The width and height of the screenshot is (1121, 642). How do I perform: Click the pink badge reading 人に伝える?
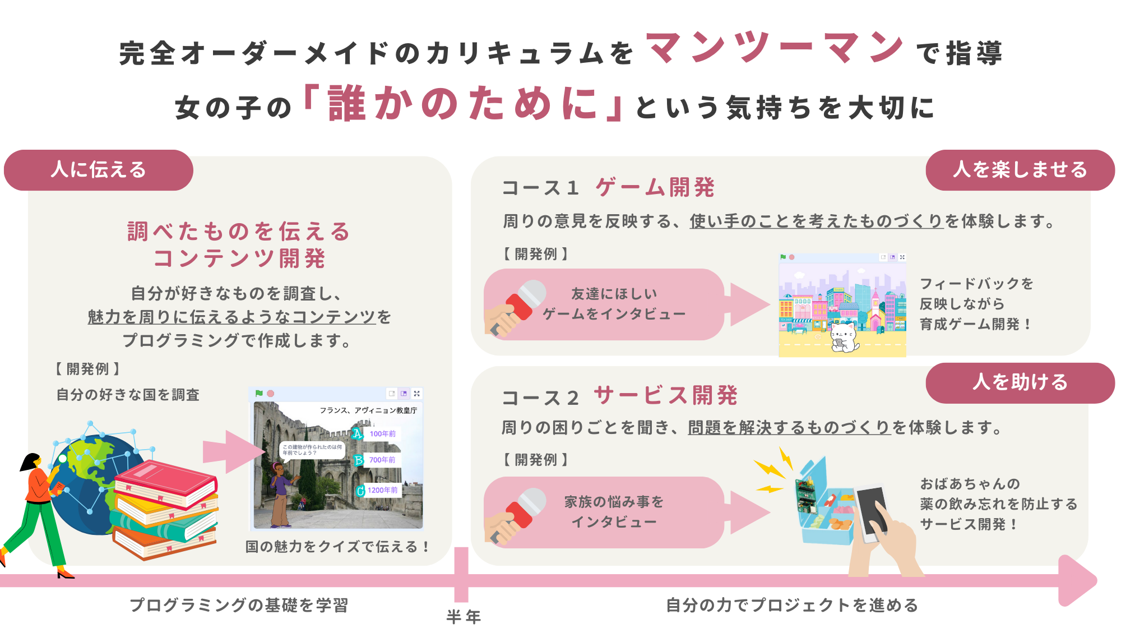click(x=99, y=170)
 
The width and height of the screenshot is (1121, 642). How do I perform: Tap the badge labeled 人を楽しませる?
click(x=1020, y=170)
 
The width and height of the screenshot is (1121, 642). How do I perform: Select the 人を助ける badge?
click(x=1020, y=383)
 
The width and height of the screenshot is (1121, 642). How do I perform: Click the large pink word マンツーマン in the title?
click(x=775, y=48)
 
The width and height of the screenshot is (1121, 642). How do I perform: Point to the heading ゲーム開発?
click(x=655, y=187)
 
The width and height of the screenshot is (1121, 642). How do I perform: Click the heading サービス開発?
click(x=666, y=395)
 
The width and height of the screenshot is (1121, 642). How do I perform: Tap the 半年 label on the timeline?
click(x=464, y=617)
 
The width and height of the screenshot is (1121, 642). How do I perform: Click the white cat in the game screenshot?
click(x=844, y=337)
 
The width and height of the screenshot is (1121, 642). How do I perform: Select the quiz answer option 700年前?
click(x=382, y=460)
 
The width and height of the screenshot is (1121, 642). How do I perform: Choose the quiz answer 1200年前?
click(x=383, y=490)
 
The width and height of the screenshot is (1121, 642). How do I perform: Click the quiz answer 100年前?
click(x=382, y=433)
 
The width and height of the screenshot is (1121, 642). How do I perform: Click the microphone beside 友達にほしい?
click(x=516, y=308)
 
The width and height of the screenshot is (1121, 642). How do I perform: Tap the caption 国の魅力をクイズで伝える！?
click(x=337, y=547)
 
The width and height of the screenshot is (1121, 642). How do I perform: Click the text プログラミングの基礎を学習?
click(x=239, y=605)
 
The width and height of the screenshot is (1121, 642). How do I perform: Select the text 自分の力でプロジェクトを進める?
click(x=792, y=605)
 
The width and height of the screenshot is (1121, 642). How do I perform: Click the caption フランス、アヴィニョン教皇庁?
click(x=368, y=410)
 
